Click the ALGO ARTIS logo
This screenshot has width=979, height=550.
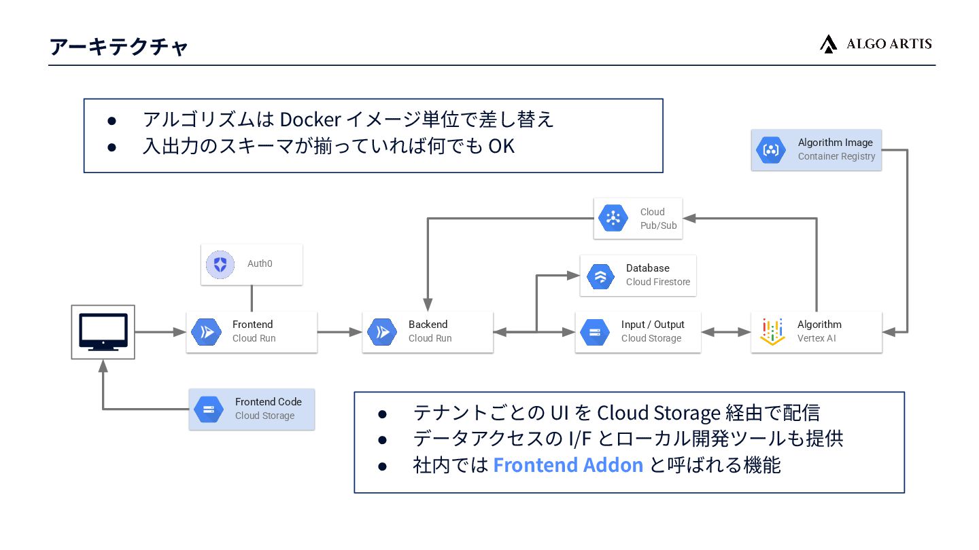tap(875, 44)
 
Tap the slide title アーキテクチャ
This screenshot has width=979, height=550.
tap(119, 47)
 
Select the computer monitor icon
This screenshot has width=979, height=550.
tap(103, 331)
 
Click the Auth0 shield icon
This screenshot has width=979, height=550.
tap(220, 263)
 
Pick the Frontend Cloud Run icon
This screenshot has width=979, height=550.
tap(206, 332)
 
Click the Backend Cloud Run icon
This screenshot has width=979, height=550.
tap(382, 332)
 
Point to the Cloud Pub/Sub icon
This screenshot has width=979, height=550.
tap(613, 218)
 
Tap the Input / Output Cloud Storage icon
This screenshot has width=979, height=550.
tap(595, 332)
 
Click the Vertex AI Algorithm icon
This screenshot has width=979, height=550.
tap(772, 331)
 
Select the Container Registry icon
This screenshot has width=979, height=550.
tap(771, 150)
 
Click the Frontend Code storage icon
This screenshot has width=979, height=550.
tap(209, 409)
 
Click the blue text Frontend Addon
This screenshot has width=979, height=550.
tap(568, 465)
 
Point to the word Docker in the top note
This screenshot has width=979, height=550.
tap(310, 119)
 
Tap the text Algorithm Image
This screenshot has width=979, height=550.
tap(835, 143)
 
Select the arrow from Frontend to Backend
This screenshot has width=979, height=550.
tap(339, 332)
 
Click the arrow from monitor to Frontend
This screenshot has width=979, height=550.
tap(160, 332)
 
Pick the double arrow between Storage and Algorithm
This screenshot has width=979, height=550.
tap(725, 332)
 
